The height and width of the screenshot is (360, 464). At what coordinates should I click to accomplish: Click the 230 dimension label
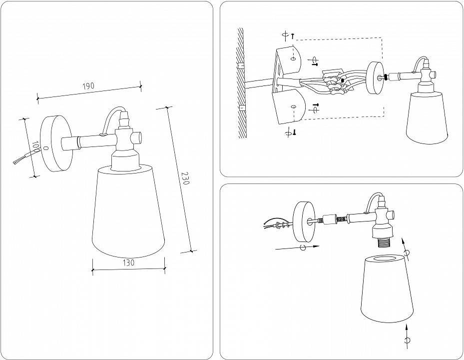click(185, 178)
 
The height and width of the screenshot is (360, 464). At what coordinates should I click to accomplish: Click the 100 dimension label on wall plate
click(35, 147)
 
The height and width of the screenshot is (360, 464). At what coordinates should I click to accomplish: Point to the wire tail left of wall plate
click(20, 159)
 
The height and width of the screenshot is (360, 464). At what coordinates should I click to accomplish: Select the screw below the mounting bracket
click(295, 132)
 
